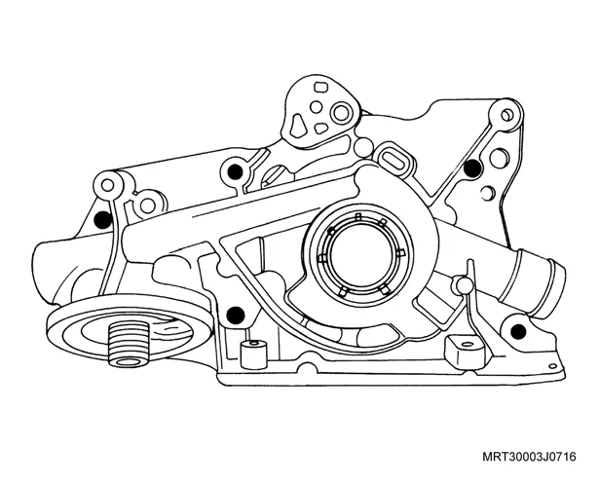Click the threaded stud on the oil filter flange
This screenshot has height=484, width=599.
coord(129,343)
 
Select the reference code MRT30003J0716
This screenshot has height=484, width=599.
coord(529,456)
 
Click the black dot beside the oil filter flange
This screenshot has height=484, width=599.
coord(236,315)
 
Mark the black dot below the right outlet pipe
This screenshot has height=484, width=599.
coord(518,331)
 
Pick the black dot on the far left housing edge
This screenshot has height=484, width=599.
coord(102,220)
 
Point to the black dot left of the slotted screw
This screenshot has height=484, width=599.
coord(235,170)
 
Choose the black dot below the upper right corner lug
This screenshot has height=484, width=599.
coord(472,167)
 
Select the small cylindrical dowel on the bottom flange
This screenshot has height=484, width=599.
coord(253,353)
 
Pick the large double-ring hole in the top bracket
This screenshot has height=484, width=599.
coord(342,113)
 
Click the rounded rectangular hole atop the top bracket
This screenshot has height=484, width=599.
coord(321,87)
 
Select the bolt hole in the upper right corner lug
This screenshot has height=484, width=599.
coord(506,115)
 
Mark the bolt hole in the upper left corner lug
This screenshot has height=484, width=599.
coord(108,186)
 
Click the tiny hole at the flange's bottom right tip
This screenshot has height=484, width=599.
coord(552,366)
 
